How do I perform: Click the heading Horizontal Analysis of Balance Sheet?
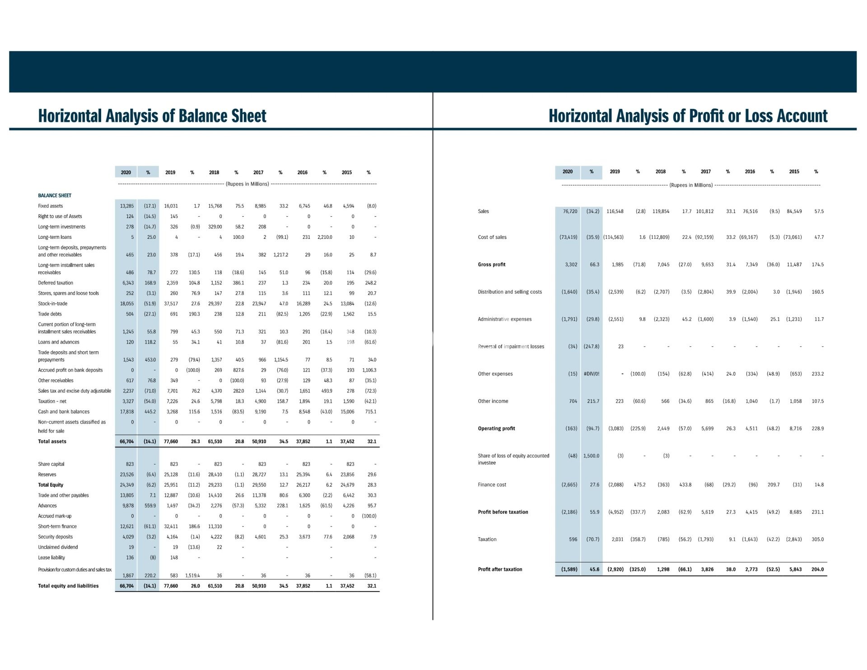pyautogui.click(x=152, y=116)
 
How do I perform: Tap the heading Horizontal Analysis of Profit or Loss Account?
pyautogui.click(x=688, y=116)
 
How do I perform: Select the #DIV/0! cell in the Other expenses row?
pyautogui.click(x=592, y=374)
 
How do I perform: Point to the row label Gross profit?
pyautogui.click(x=491, y=265)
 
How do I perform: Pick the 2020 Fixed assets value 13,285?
pyautogui.click(x=126, y=206)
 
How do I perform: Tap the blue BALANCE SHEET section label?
pyautogui.click(x=55, y=195)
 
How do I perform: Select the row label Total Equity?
pyautogui.click(x=51, y=485)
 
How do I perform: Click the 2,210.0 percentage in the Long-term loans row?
pyautogui.click(x=325, y=237)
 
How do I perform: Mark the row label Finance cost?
pyautogui.click(x=492, y=485)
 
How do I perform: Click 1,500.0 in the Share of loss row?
pyautogui.click(x=591, y=456)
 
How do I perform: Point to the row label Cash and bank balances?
pyautogui.click(x=64, y=412)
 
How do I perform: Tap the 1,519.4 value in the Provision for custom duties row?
pyautogui.click(x=192, y=576)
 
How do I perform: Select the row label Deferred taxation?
pyautogui.click(x=56, y=283)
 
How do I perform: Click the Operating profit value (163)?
pyautogui.click(x=571, y=428)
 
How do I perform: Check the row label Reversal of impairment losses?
pyautogui.click(x=511, y=347)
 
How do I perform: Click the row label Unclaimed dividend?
pyautogui.click(x=58, y=547)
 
